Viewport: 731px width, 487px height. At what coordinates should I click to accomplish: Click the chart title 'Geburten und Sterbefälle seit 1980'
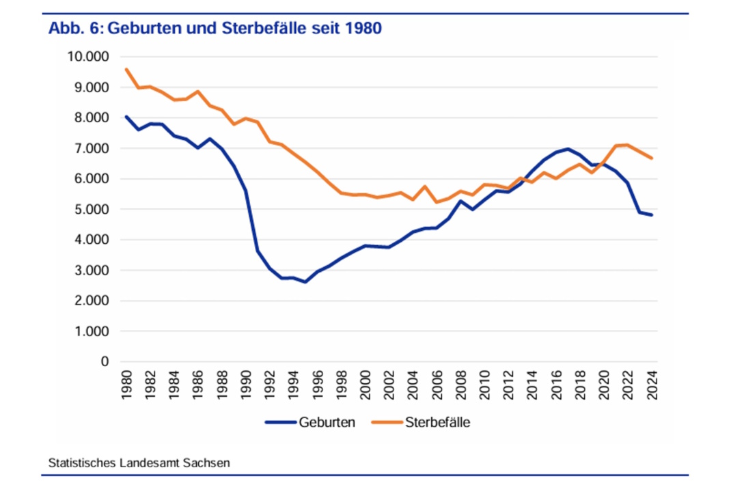coord(245,29)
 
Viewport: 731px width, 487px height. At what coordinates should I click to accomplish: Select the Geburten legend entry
coord(327,422)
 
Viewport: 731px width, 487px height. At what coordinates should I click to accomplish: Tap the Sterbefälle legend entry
coord(437,422)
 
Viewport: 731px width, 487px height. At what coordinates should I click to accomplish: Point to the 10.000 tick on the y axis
coord(88,57)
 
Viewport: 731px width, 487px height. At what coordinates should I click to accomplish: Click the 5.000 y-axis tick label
coord(91,210)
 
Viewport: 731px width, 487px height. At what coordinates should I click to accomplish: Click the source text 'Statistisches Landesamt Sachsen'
coord(139,462)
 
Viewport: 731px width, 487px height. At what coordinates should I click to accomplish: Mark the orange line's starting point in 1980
coord(126,69)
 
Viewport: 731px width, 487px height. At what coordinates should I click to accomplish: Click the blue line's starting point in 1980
coord(126,117)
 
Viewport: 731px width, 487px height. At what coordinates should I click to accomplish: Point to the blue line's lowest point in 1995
coord(305,282)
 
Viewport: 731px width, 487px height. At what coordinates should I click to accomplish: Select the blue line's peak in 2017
coord(568,148)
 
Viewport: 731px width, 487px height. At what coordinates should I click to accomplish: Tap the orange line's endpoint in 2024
coord(652,158)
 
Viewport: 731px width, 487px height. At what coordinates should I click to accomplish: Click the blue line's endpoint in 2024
coord(652,215)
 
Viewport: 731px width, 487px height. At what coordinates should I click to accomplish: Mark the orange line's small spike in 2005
coord(425,186)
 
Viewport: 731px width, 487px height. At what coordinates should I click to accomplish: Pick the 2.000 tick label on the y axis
coord(91,301)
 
